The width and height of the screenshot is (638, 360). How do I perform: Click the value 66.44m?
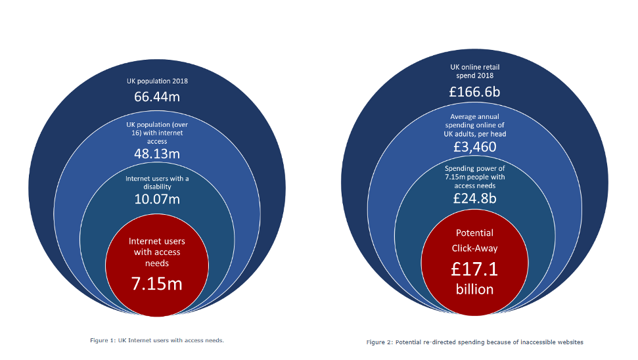pos(157,97)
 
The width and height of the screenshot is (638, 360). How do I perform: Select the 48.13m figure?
pos(157,154)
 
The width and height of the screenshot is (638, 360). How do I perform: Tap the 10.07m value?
pos(157,199)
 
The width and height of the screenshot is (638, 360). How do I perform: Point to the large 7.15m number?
pos(157,284)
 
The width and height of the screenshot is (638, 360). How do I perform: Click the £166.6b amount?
pos(474,92)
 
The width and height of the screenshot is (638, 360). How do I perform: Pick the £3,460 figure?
pos(474,146)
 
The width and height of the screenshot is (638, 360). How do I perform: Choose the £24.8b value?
pos(474,198)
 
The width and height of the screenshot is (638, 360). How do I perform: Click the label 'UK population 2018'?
pos(157,81)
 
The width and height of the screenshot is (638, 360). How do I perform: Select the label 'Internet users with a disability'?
pos(157,183)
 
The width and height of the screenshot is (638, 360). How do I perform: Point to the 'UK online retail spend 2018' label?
pos(474,71)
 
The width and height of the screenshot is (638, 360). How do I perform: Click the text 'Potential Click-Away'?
pos(474,240)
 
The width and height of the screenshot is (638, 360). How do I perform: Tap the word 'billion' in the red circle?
pos(474,290)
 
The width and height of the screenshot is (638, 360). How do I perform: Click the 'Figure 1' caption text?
pos(157,340)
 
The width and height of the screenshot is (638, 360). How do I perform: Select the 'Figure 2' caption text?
pos(474,342)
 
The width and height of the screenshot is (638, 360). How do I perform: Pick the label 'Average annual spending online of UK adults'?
pos(474,125)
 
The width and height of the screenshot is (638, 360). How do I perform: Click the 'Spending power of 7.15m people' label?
pos(474,177)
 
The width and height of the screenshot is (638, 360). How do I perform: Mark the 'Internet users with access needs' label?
pos(157,252)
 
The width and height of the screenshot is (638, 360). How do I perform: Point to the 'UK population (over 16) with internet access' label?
pos(157,132)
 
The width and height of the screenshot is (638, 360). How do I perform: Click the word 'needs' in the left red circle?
pos(157,263)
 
